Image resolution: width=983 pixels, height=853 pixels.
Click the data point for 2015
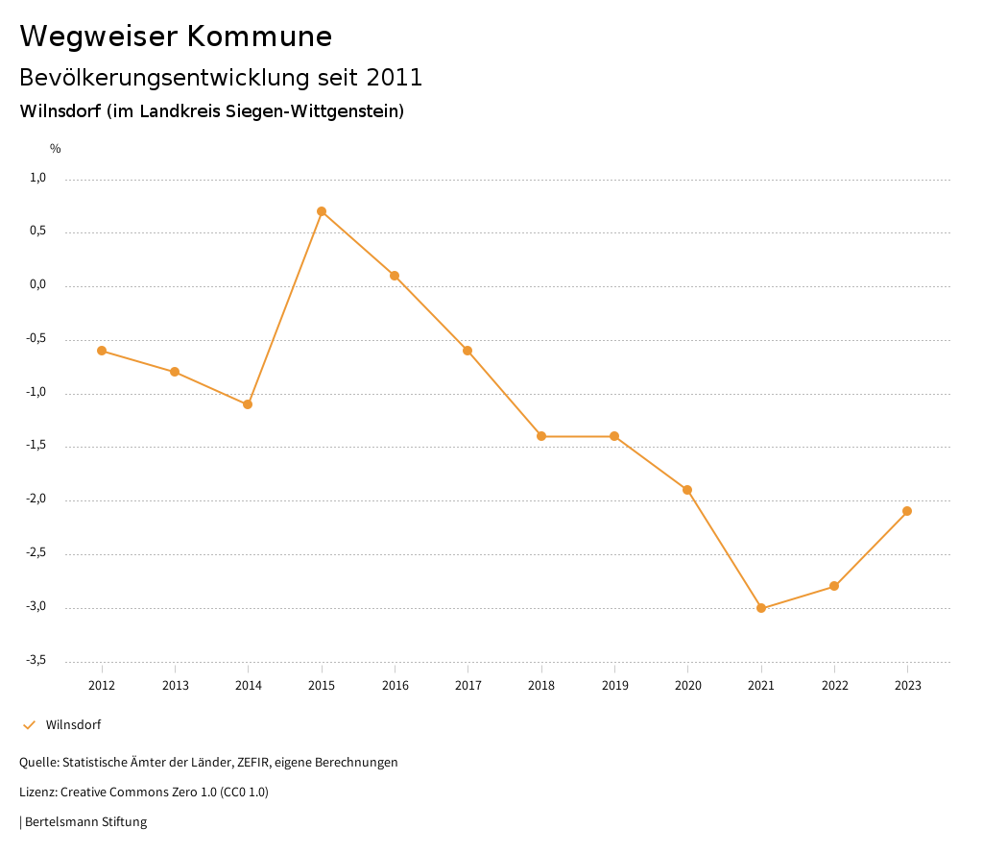pos(322,211)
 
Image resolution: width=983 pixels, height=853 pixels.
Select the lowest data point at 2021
pos(761,608)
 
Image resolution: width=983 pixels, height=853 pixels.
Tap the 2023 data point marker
pos(907,511)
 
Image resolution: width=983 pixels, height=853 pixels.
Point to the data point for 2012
pos(102,351)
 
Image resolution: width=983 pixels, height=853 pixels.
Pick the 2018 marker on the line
pos(541,436)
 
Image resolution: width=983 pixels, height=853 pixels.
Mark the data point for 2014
pos(248,404)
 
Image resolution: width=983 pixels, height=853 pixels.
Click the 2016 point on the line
pos(395,276)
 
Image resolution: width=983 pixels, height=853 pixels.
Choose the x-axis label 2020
pos(687,686)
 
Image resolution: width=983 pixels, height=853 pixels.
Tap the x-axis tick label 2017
pos(468,686)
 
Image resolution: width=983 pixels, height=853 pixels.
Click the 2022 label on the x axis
pos(834,686)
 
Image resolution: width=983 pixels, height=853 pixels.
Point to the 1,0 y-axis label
pos(38,178)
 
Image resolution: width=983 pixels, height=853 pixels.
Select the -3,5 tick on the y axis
pos(36,660)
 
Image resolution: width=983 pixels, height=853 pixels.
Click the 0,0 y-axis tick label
pos(38,284)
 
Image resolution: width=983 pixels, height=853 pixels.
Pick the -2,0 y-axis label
pos(36,500)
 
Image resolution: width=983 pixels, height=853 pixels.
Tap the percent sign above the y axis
pos(56,149)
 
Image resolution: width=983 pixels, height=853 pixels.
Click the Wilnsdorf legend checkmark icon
pos(29,725)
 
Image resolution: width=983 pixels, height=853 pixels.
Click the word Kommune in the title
pos(259,37)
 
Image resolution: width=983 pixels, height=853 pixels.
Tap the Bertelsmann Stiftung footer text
pos(85,822)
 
